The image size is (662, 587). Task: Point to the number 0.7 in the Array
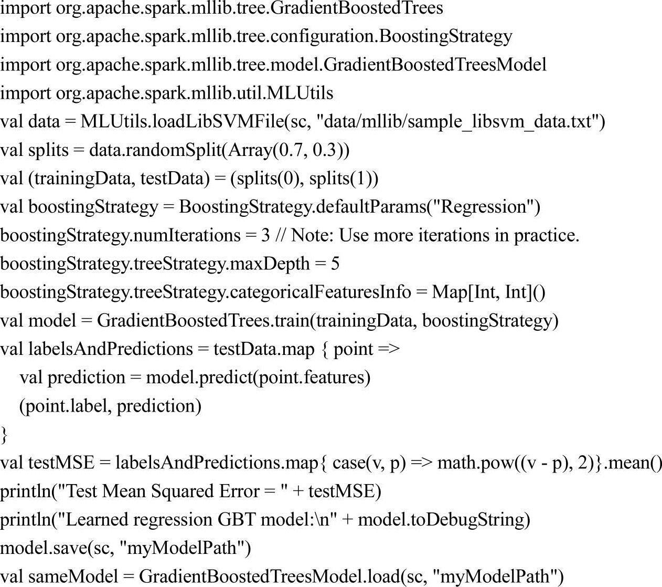click(x=289, y=150)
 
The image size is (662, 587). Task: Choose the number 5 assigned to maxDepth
click(x=335, y=264)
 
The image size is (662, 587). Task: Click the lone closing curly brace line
click(x=4, y=434)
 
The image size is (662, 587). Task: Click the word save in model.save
click(x=70, y=548)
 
